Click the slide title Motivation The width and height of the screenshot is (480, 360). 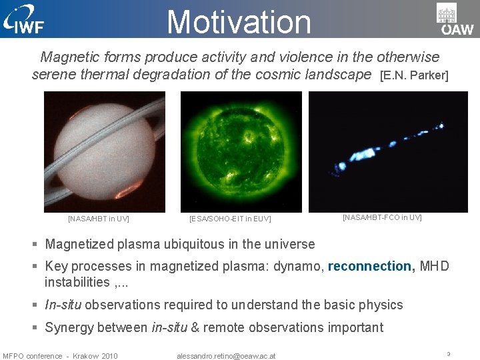[239, 21]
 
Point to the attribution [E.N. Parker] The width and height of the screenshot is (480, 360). [414, 75]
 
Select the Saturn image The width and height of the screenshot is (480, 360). [105, 152]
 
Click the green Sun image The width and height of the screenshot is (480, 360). [241, 152]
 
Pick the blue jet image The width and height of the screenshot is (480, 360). [388, 152]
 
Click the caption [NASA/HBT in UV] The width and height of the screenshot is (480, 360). [99, 219]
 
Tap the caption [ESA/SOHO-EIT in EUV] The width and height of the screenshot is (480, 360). [230, 219]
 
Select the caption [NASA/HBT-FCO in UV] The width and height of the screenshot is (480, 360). [382, 217]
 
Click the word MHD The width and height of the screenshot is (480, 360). [435, 266]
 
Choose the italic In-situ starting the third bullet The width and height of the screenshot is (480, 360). [63, 305]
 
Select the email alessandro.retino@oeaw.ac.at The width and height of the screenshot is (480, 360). [226, 356]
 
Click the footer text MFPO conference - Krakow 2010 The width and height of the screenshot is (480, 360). [60, 356]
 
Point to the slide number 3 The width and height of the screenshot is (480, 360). [449, 354]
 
